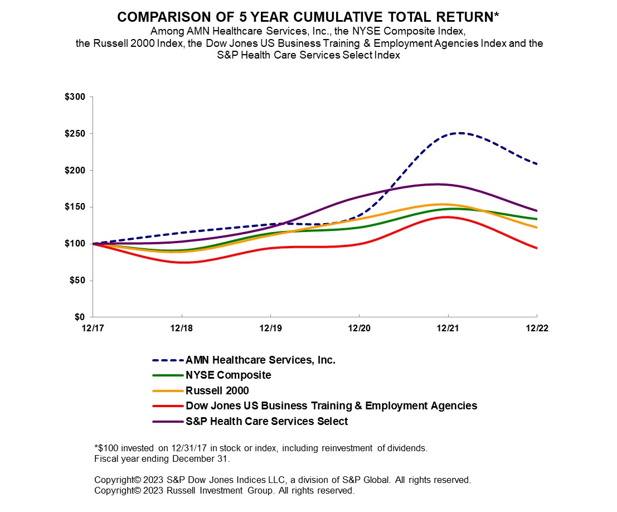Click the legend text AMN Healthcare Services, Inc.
pyautogui.click(x=260, y=360)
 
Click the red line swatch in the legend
pyautogui.click(x=168, y=406)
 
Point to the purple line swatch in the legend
pyautogui.click(x=168, y=421)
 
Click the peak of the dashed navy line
pyautogui.click(x=460, y=133)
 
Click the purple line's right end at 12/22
pyautogui.click(x=537, y=211)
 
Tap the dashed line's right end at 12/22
pyautogui.click(x=537, y=164)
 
